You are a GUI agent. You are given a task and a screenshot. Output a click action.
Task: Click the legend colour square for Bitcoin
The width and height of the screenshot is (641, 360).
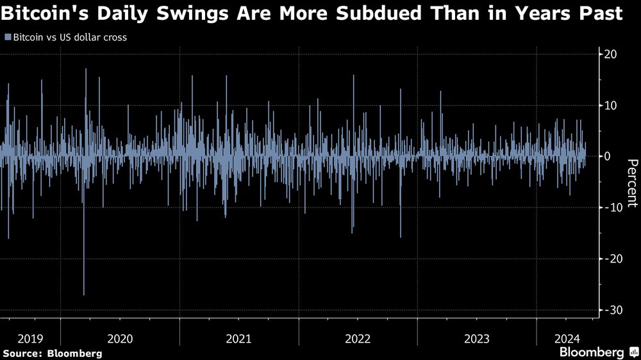[x=7, y=37]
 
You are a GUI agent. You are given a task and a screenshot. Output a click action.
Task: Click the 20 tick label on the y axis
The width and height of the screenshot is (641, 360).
[x=611, y=54]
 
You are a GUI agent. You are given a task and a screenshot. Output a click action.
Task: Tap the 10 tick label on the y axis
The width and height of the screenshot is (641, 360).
[x=611, y=105]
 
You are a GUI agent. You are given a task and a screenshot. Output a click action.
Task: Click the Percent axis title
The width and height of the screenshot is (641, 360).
[x=632, y=183]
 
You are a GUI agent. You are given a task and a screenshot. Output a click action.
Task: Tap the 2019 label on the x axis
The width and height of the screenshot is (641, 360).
[x=30, y=338]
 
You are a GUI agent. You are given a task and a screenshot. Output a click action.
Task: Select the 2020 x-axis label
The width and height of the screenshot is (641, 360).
[x=120, y=338]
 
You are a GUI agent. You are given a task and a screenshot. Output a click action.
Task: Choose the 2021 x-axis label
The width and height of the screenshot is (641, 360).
[x=239, y=338]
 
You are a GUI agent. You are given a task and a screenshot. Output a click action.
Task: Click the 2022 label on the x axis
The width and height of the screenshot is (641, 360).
[x=358, y=338]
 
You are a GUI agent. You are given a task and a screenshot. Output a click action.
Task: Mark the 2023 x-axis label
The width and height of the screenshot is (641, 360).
[x=476, y=338]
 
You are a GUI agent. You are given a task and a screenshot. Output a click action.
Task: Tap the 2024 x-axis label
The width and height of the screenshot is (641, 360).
[x=567, y=338]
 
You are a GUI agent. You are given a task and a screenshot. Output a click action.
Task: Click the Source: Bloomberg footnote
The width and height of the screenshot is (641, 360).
[x=52, y=353]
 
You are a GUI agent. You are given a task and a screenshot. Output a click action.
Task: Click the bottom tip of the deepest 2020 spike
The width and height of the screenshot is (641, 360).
[x=84, y=295]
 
